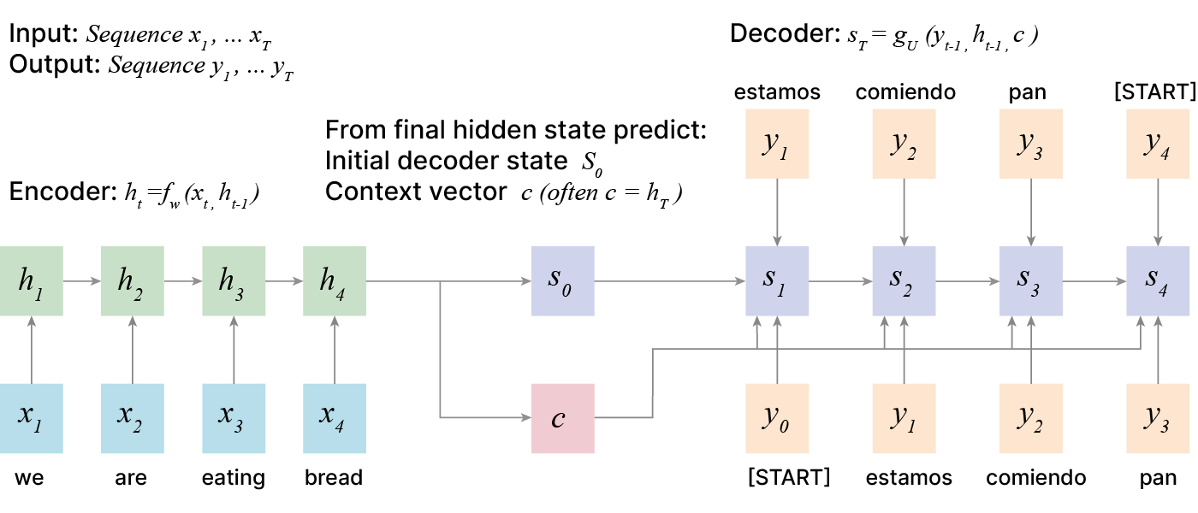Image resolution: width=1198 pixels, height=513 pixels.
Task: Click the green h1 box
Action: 32,279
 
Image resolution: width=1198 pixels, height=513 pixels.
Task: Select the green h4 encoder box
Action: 335,279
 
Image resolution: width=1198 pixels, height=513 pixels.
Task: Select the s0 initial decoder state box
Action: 562,279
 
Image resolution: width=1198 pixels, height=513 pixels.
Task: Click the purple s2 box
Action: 903,279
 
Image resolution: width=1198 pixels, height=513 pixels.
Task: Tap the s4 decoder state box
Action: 1158,279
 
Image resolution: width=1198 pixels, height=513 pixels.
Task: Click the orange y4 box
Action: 1158,144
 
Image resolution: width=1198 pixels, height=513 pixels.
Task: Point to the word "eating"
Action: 234,477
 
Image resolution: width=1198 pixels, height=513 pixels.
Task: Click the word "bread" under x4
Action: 334,477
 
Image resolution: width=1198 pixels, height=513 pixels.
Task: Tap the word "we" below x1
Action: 30,477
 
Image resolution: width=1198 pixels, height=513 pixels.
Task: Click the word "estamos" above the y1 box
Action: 777,92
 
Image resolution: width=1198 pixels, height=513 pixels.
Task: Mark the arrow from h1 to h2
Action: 82,279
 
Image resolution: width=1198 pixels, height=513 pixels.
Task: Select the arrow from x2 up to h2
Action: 133,347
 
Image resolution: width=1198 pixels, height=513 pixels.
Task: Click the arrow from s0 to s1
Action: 669,279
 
